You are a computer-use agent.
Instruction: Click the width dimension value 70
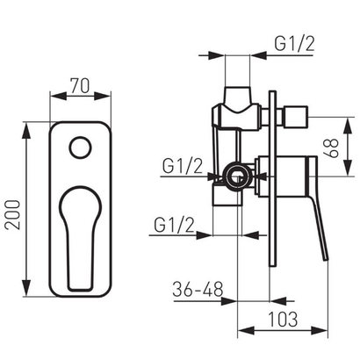[x=80, y=88]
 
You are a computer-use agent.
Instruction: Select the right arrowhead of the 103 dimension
[x=326, y=331]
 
